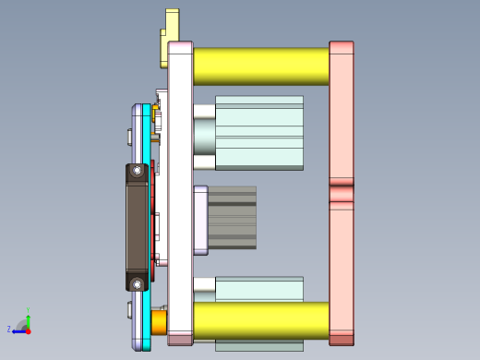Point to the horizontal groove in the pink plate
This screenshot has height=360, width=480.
click(342, 193)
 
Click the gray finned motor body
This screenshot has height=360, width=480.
click(232, 218)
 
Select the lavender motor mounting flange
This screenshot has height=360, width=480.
click(200, 220)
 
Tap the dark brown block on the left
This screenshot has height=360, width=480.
click(137, 226)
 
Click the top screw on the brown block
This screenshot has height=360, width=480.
click(138, 171)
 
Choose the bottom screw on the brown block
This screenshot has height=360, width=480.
click(138, 283)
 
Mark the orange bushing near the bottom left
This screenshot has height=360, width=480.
click(159, 321)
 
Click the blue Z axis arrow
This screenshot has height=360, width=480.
click(18, 330)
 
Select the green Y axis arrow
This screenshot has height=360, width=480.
click(28, 318)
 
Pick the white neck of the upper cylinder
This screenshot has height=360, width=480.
click(204, 137)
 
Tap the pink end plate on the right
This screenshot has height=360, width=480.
click(342, 111)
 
